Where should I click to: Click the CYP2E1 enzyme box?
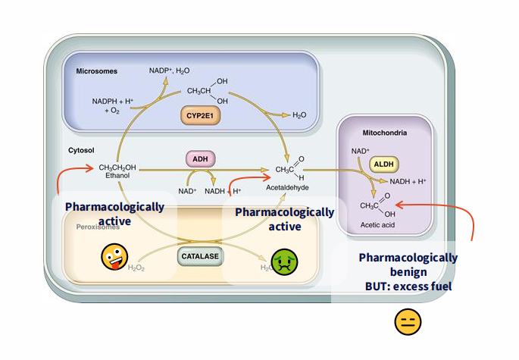pos(201,115)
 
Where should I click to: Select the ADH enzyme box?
pos(201,159)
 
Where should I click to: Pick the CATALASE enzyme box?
pos(201,256)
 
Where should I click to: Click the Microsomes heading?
pos(96,71)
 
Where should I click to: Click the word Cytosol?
pos(81,150)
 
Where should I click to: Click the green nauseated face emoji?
pos(284,261)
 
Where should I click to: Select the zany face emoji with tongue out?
pos(114,258)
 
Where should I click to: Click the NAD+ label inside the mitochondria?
pos(361,151)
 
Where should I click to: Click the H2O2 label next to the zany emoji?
pos(136,268)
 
